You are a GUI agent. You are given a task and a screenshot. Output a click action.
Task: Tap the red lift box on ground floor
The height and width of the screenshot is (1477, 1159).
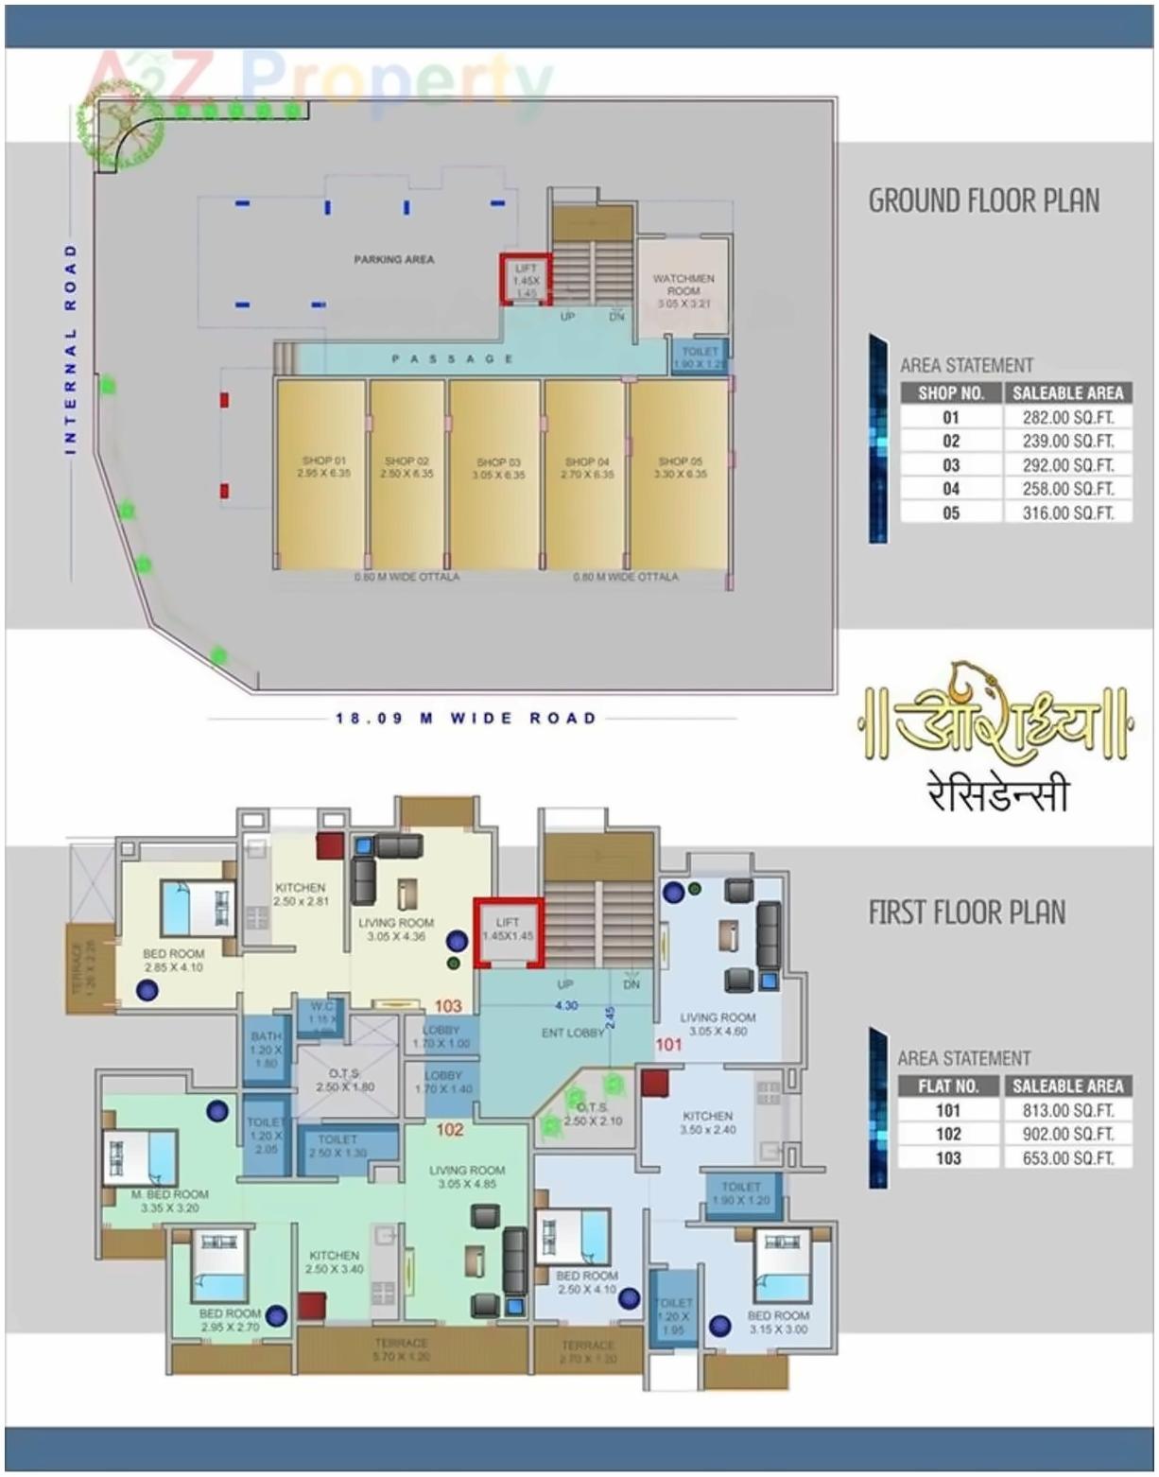click(526, 280)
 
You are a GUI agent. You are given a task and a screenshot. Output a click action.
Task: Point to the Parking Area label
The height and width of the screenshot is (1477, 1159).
click(394, 259)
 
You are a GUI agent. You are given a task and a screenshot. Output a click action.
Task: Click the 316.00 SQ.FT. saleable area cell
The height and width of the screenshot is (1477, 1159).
click(1067, 513)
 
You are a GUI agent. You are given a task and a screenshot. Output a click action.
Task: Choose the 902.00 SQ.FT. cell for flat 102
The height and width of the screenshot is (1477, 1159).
click(1067, 1134)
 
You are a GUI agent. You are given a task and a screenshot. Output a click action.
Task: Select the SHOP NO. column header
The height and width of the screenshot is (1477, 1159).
click(951, 392)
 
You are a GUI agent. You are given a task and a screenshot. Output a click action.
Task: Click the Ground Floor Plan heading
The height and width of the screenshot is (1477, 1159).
click(983, 201)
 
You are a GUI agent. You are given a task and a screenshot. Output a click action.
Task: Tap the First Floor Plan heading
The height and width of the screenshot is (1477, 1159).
click(966, 912)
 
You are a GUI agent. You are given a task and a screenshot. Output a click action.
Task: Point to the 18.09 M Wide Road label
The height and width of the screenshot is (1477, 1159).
click(466, 719)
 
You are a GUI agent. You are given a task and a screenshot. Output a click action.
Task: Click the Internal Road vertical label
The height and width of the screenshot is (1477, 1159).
click(71, 350)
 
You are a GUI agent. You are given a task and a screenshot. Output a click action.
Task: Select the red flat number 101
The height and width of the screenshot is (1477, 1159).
click(668, 1045)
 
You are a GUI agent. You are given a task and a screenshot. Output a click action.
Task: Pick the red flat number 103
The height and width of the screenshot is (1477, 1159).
click(448, 1006)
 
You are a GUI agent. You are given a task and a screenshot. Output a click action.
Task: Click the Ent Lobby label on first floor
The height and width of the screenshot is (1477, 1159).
click(573, 1033)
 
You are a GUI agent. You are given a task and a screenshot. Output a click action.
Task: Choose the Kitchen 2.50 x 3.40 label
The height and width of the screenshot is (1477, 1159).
click(334, 1262)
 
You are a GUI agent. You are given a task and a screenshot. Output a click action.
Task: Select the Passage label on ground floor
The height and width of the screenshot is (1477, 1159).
click(452, 359)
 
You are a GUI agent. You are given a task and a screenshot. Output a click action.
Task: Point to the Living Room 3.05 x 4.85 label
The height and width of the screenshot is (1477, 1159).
click(467, 1176)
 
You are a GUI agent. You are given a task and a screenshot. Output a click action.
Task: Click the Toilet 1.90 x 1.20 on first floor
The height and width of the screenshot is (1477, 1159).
click(740, 1193)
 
